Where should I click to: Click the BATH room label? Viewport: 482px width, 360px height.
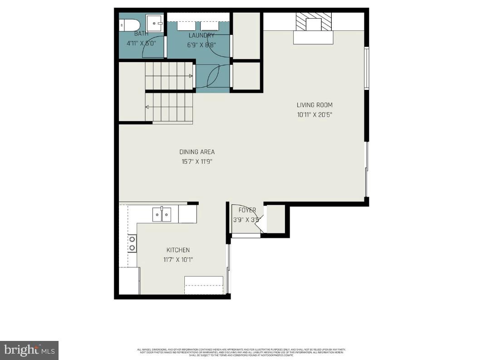click(x=141, y=34)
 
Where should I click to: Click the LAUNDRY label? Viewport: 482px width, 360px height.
click(x=201, y=35)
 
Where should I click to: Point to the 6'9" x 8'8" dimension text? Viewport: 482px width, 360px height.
click(x=202, y=44)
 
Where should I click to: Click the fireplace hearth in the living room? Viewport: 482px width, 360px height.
click(x=313, y=37)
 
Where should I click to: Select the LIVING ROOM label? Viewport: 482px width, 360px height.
click(x=315, y=105)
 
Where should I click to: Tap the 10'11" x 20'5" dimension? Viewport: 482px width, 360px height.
click(x=315, y=115)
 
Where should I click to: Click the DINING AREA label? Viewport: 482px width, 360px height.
click(x=197, y=152)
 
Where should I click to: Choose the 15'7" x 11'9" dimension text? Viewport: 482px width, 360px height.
click(x=197, y=161)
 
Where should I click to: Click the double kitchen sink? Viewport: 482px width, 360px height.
click(x=162, y=214)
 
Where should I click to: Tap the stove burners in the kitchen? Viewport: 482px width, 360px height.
click(x=132, y=243)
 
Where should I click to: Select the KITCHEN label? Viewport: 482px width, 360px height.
click(x=178, y=250)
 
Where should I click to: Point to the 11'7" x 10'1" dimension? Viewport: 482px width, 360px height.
click(x=178, y=260)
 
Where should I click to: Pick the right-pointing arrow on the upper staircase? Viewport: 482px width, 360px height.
click(x=191, y=76)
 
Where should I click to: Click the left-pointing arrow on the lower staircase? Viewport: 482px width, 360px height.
click(x=148, y=107)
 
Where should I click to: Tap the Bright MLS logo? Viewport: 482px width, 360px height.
click(x=29, y=350)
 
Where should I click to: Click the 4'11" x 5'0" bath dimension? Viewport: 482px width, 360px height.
click(x=141, y=44)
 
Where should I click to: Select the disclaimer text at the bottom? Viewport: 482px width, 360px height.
click(x=241, y=352)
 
